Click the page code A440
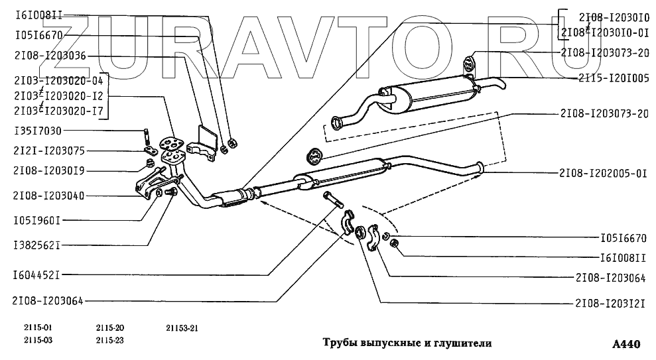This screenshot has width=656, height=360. click(626, 344)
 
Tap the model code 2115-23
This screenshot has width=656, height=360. click(109, 341)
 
